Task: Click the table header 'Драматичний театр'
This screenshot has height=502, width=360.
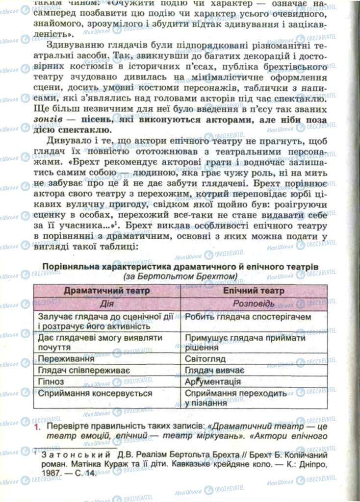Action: pyautogui.click(x=106, y=291)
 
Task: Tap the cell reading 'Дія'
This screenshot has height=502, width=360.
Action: pyautogui.click(x=106, y=304)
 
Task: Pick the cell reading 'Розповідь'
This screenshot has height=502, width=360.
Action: pyautogui.click(x=253, y=304)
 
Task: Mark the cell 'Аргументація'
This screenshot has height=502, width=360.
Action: pyautogui.click(x=213, y=381)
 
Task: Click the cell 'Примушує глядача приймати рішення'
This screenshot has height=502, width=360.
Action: pyautogui.click(x=245, y=342)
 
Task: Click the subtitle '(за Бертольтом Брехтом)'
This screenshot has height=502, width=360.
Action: pyautogui.click(x=180, y=276)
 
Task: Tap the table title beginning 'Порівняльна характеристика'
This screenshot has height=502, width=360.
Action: pyautogui.click(x=180, y=266)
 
